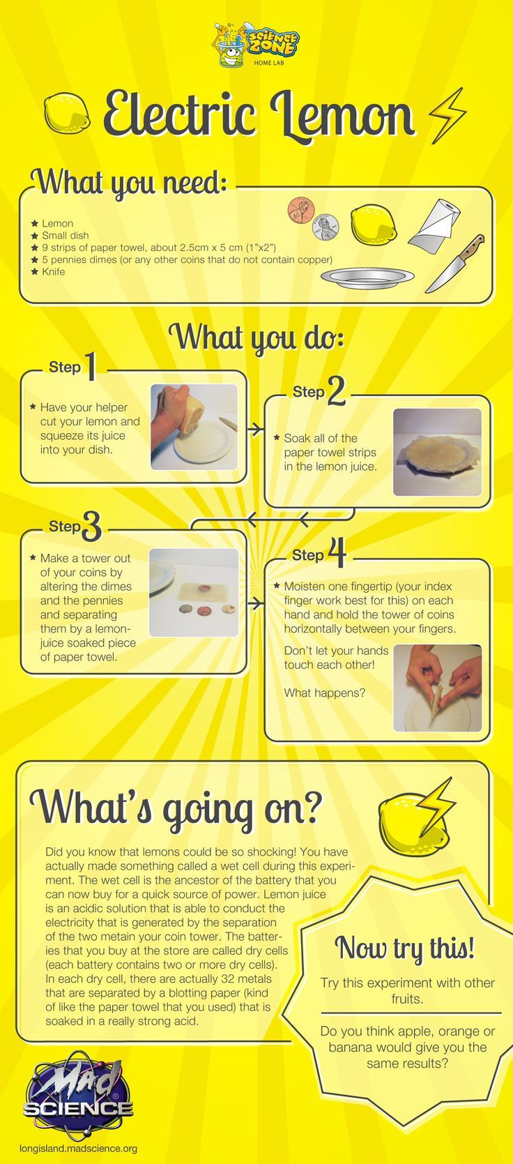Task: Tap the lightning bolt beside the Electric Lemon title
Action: coord(447,115)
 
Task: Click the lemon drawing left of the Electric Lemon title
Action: coord(67,112)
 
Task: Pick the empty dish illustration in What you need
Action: coord(367,277)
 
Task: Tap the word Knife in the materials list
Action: coord(54,271)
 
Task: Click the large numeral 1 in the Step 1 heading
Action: coord(91,366)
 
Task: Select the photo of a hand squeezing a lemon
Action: coord(194,427)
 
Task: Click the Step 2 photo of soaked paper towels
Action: coord(437,451)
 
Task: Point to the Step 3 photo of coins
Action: coord(194,592)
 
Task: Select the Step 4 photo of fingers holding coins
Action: coord(437,688)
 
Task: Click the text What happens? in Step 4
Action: coord(325,693)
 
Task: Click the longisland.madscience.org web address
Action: coord(78,1148)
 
